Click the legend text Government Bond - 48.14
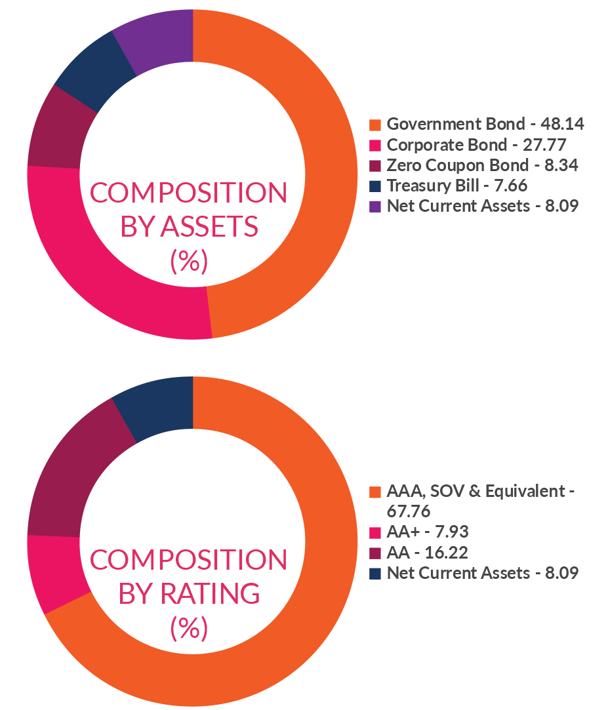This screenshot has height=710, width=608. tap(485, 124)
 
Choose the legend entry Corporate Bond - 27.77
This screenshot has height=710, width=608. tap(476, 144)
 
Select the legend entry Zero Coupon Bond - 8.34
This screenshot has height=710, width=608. tap(482, 165)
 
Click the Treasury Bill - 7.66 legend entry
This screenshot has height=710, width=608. tap(456, 186)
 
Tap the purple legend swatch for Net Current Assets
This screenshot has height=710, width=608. tap(375, 207)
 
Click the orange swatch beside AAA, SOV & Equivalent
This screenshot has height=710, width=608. tap(375, 492)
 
